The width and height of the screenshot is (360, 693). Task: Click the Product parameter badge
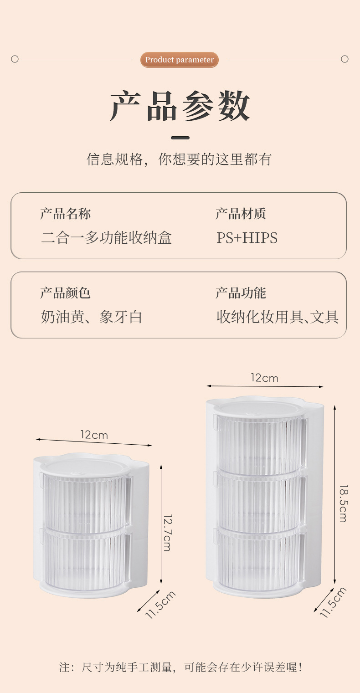pyautogui.click(x=180, y=60)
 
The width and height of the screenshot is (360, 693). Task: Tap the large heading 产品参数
pyautogui.click(x=180, y=106)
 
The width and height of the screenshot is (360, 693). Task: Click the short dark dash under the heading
pyautogui.click(x=180, y=138)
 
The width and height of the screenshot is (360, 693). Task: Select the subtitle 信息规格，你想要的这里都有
pyautogui.click(x=180, y=159)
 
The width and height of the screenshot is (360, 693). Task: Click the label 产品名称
pyautogui.click(x=65, y=214)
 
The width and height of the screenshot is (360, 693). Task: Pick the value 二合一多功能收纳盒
pyautogui.click(x=106, y=238)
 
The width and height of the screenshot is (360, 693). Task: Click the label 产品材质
pyautogui.click(x=241, y=214)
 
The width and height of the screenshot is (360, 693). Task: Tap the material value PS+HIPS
pyautogui.click(x=247, y=238)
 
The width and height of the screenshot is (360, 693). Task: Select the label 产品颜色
pyautogui.click(x=65, y=293)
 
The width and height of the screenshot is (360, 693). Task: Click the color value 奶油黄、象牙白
pyautogui.click(x=92, y=317)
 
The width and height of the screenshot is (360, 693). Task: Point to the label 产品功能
pyautogui.click(x=241, y=293)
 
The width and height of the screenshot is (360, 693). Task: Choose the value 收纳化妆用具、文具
pyautogui.click(x=278, y=317)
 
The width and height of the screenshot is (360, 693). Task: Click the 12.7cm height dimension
pyautogui.click(x=167, y=533)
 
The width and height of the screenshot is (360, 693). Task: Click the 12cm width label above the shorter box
pyautogui.click(x=94, y=435)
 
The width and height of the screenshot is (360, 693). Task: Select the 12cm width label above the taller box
pyautogui.click(x=264, y=378)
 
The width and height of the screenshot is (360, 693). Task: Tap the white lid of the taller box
pyautogui.click(x=260, y=408)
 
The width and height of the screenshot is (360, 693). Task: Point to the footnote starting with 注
pyautogui.click(x=180, y=667)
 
